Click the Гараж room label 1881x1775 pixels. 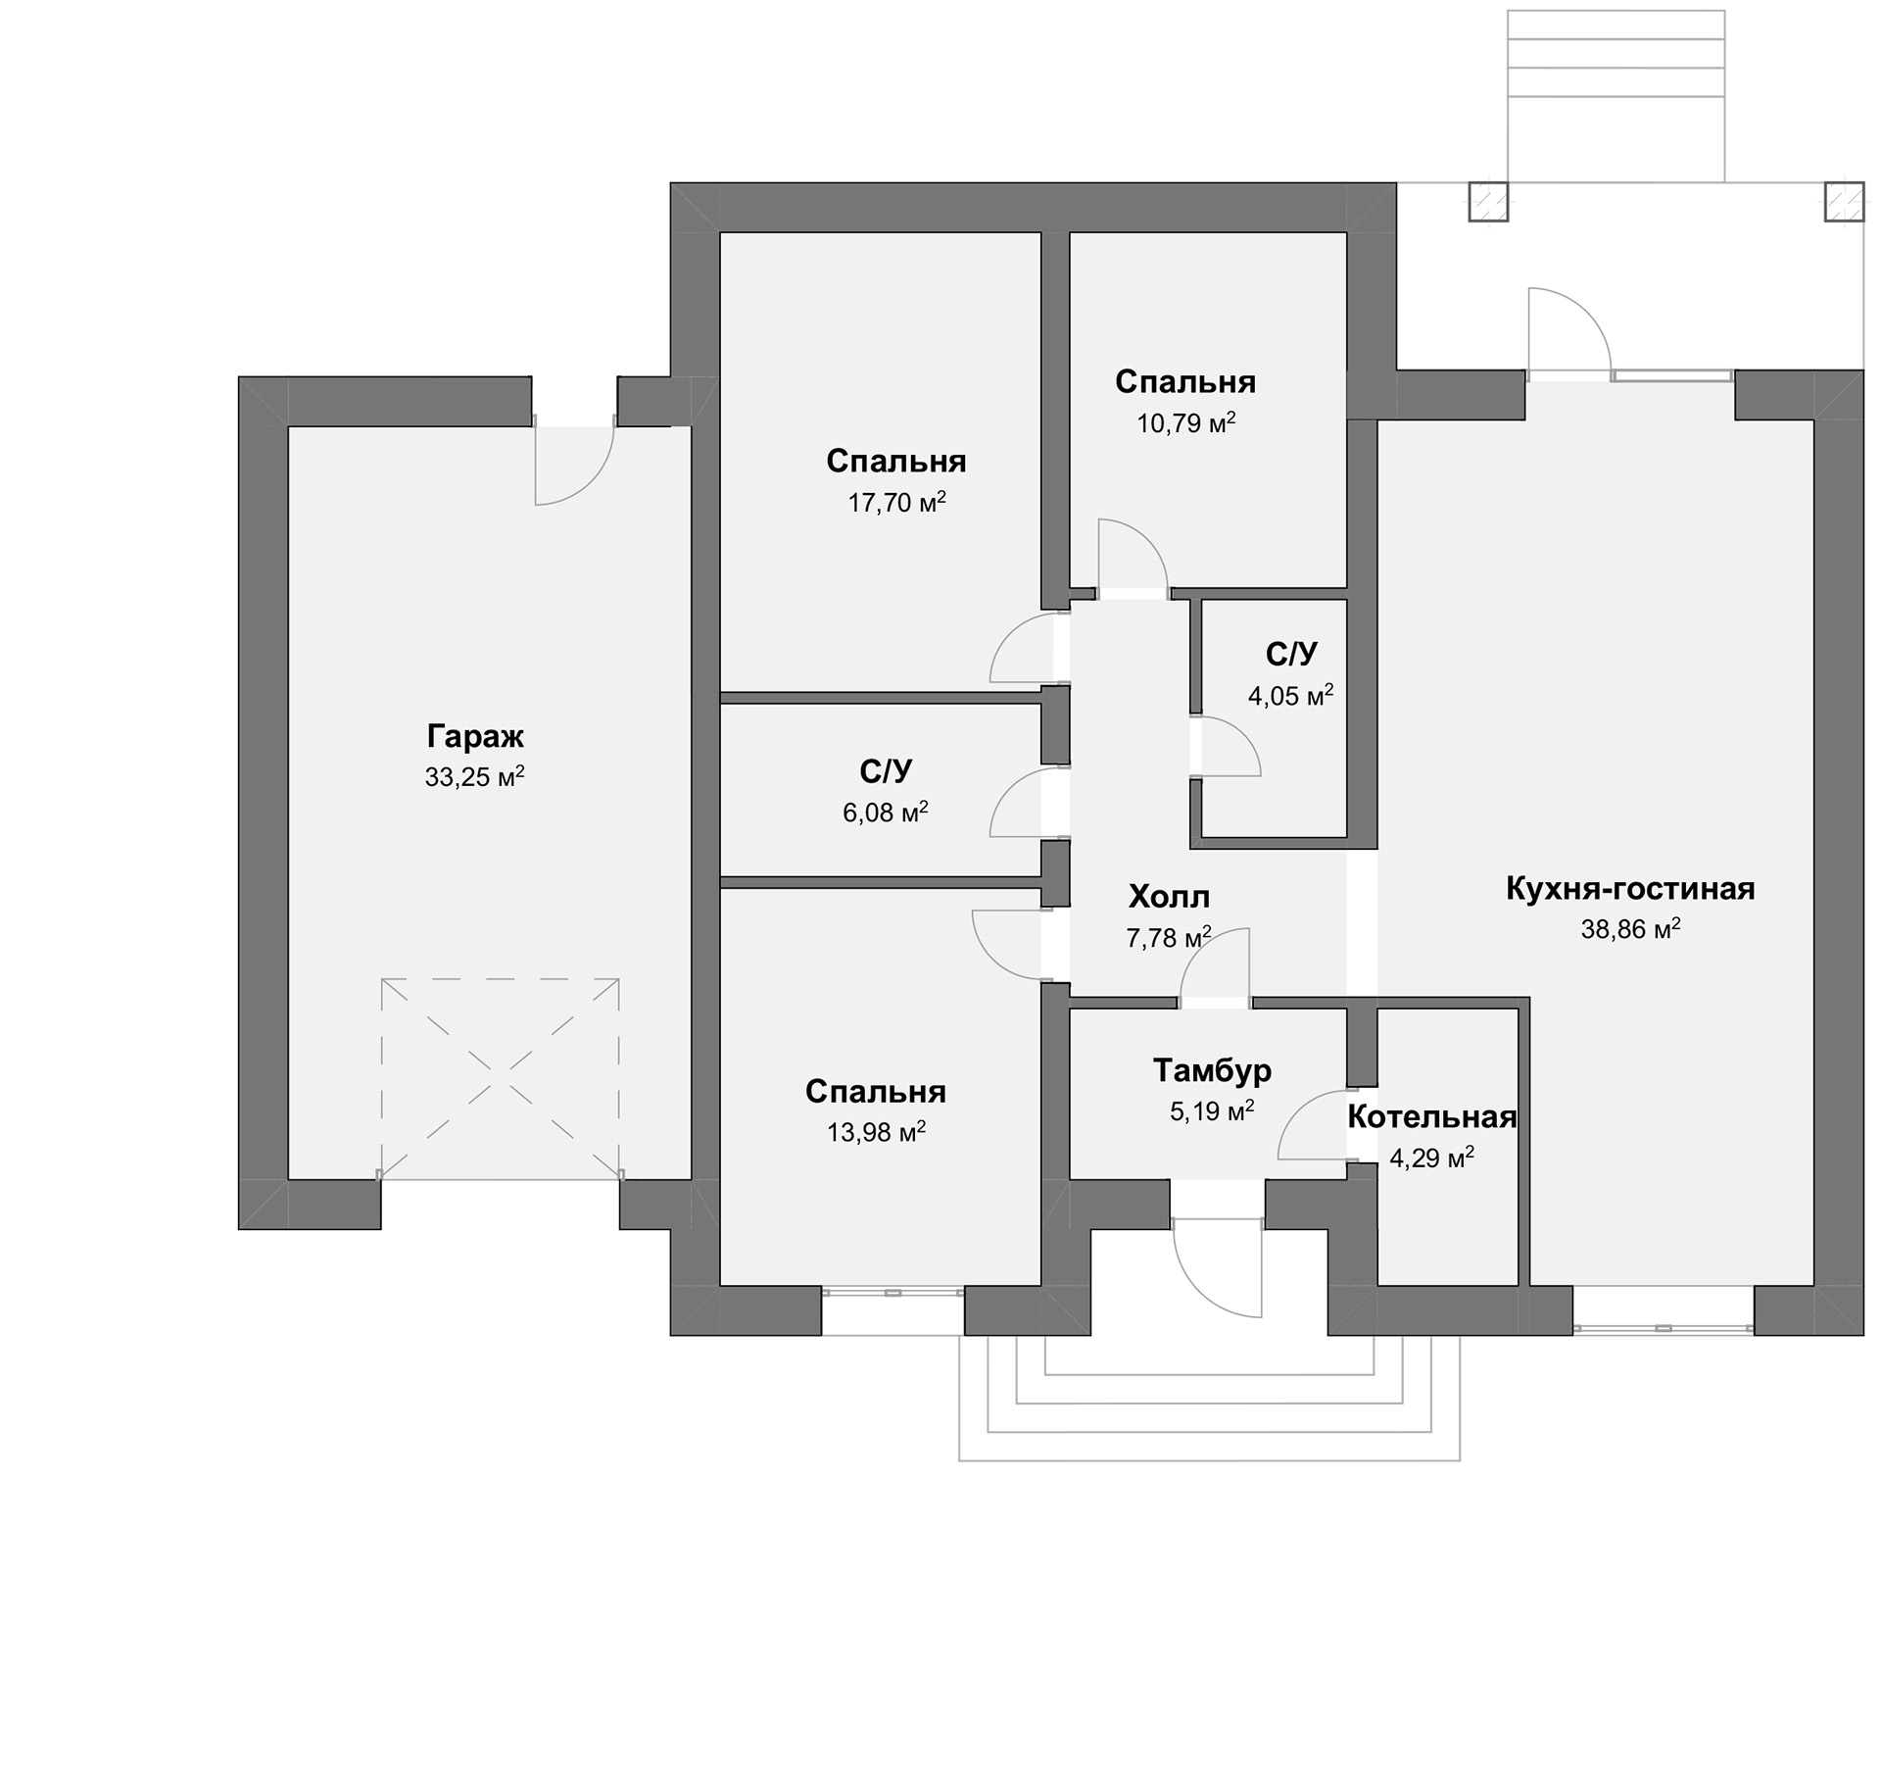tap(475, 737)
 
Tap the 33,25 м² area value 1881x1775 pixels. tap(475, 776)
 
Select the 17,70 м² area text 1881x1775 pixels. tap(896, 502)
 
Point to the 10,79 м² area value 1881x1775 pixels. tap(1185, 422)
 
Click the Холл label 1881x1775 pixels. tap(1169, 896)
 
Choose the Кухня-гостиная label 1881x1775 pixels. tap(1630, 888)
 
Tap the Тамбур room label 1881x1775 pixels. tap(1212, 1069)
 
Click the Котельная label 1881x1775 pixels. tap(1431, 1116)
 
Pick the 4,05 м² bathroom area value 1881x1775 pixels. tap(1290, 695)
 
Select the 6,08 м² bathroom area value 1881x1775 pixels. tap(886, 812)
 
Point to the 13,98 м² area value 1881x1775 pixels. tap(876, 1132)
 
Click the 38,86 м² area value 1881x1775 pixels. tap(1630, 928)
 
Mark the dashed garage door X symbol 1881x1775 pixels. tap(501, 1078)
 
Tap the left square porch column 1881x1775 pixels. tap(1487, 202)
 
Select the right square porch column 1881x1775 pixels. tap(1843, 202)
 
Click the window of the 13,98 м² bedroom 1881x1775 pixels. tap(892, 1293)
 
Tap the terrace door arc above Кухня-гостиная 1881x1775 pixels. tap(1587, 312)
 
